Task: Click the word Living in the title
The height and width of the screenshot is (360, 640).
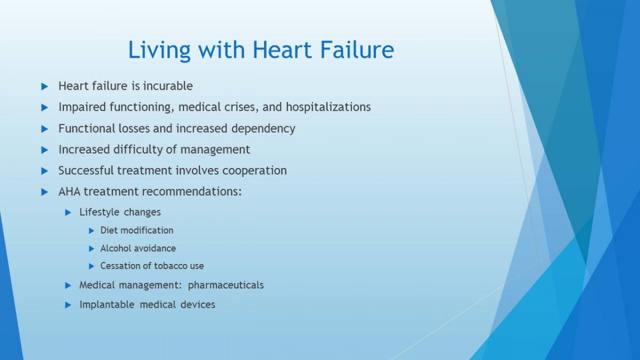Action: [x=159, y=51]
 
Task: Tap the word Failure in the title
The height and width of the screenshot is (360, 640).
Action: [x=357, y=50]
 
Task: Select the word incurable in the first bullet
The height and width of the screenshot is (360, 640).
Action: [x=167, y=86]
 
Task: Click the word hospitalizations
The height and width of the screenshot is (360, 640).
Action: [x=329, y=107]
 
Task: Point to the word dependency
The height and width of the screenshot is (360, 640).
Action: [x=263, y=129]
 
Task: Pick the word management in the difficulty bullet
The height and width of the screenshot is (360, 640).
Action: [x=215, y=150]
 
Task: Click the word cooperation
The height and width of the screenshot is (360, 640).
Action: [x=254, y=171]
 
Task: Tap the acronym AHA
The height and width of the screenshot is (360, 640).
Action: [x=69, y=191]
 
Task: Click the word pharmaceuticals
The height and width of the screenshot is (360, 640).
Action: [x=226, y=285]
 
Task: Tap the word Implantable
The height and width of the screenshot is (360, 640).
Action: [x=107, y=305]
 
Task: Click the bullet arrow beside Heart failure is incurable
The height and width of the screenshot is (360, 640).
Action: [x=45, y=86]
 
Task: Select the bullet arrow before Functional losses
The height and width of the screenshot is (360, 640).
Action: [x=45, y=129]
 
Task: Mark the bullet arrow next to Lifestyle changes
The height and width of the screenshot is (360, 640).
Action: [x=68, y=213]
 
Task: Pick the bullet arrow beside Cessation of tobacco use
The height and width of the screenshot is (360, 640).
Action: [x=91, y=266]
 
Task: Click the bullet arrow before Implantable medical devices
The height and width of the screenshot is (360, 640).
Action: [x=68, y=305]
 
